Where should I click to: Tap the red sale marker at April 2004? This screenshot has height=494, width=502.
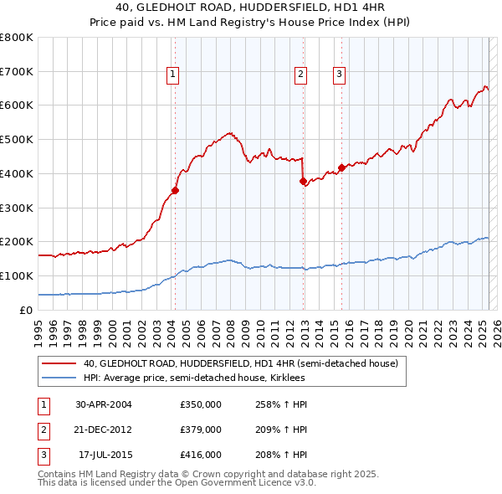[175, 190]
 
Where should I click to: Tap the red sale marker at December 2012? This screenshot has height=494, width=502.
[303, 180]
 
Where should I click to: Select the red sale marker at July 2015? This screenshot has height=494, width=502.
[341, 167]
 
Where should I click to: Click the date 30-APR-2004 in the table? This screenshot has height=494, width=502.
[104, 404]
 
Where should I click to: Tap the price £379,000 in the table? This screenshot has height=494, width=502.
[201, 430]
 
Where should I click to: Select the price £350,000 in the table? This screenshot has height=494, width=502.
[201, 404]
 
